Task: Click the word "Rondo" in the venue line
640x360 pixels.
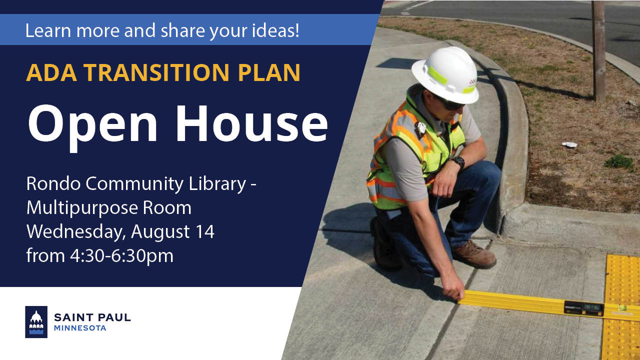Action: click(53, 183)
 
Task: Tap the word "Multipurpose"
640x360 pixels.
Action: click(82, 207)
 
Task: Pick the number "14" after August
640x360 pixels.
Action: click(205, 232)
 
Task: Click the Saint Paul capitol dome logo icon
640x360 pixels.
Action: click(36, 322)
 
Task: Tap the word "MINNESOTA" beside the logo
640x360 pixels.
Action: click(80, 328)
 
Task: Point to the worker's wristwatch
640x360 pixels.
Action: click(457, 162)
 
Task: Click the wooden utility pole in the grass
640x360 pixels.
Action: click(599, 50)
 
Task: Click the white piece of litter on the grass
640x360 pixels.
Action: click(569, 144)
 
